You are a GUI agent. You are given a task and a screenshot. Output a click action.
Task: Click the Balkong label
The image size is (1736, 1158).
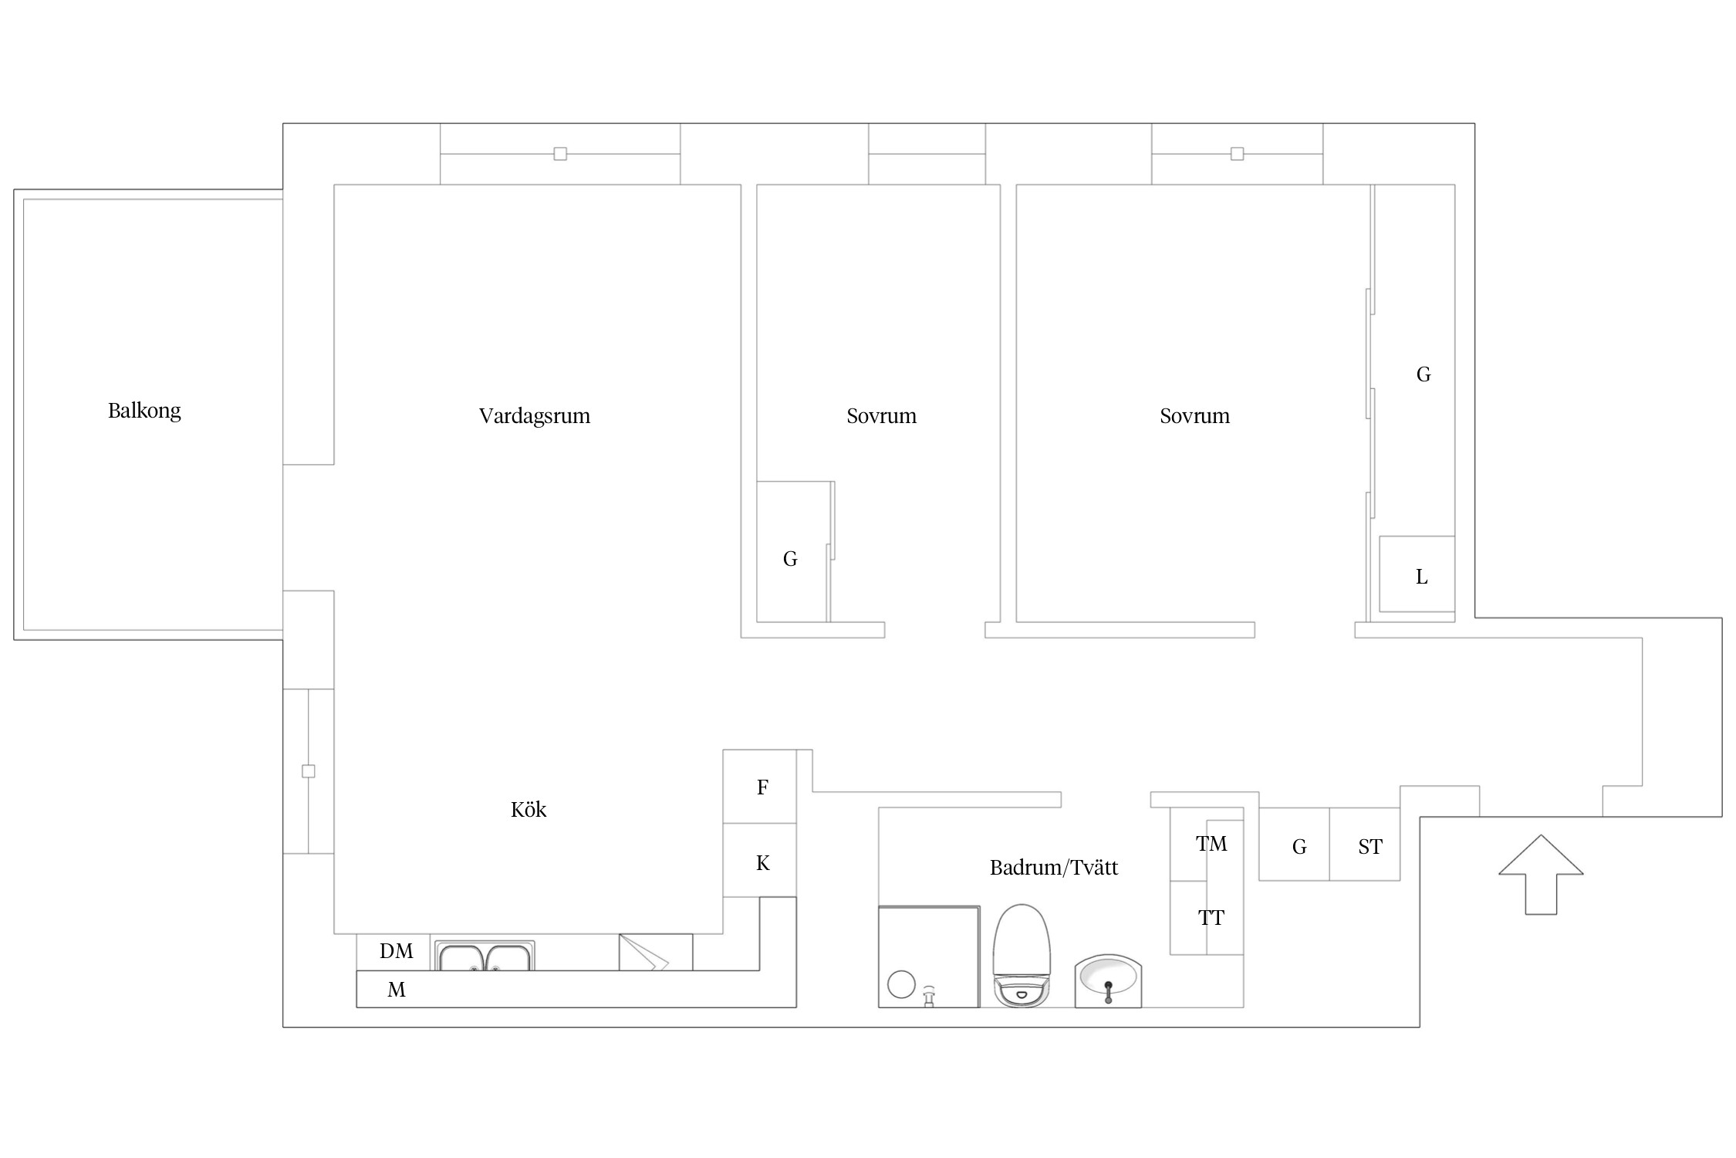[x=144, y=411]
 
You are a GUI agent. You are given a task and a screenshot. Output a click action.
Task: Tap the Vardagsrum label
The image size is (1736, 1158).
[x=534, y=416]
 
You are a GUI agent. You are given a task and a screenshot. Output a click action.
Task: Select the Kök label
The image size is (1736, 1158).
[x=529, y=809]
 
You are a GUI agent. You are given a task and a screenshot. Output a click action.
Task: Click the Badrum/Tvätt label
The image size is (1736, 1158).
[x=1053, y=868]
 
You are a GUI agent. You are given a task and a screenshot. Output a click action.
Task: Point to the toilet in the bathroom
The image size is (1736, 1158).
[x=1022, y=956]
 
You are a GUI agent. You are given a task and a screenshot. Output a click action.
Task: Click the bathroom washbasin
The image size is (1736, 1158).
[x=1108, y=981]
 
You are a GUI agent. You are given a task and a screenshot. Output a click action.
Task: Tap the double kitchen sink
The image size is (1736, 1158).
[x=485, y=956]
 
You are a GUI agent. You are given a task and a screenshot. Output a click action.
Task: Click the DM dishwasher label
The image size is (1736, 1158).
[x=397, y=951]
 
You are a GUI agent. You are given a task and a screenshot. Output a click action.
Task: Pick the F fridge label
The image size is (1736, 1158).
[x=762, y=787]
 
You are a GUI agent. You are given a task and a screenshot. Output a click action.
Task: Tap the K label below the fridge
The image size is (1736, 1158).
[x=763, y=863]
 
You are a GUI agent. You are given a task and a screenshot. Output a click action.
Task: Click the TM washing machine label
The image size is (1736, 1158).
[x=1211, y=844]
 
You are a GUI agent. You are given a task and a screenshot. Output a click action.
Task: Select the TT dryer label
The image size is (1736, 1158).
[x=1211, y=918]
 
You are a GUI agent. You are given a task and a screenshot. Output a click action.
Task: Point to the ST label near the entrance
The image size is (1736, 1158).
[x=1370, y=847]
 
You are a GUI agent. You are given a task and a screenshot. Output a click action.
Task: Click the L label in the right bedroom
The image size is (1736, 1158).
[x=1421, y=577]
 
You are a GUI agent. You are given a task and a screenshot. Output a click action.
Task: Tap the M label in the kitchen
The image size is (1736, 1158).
[x=397, y=990]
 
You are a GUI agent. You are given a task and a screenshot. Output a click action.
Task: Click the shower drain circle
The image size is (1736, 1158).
[x=901, y=984]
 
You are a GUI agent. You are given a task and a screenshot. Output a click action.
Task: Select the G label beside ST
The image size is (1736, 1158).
[x=1299, y=847]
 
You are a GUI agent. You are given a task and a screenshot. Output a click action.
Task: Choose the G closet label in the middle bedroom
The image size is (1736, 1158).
[x=790, y=559]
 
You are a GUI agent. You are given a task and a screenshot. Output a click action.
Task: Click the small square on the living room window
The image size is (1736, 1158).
[x=560, y=154]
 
